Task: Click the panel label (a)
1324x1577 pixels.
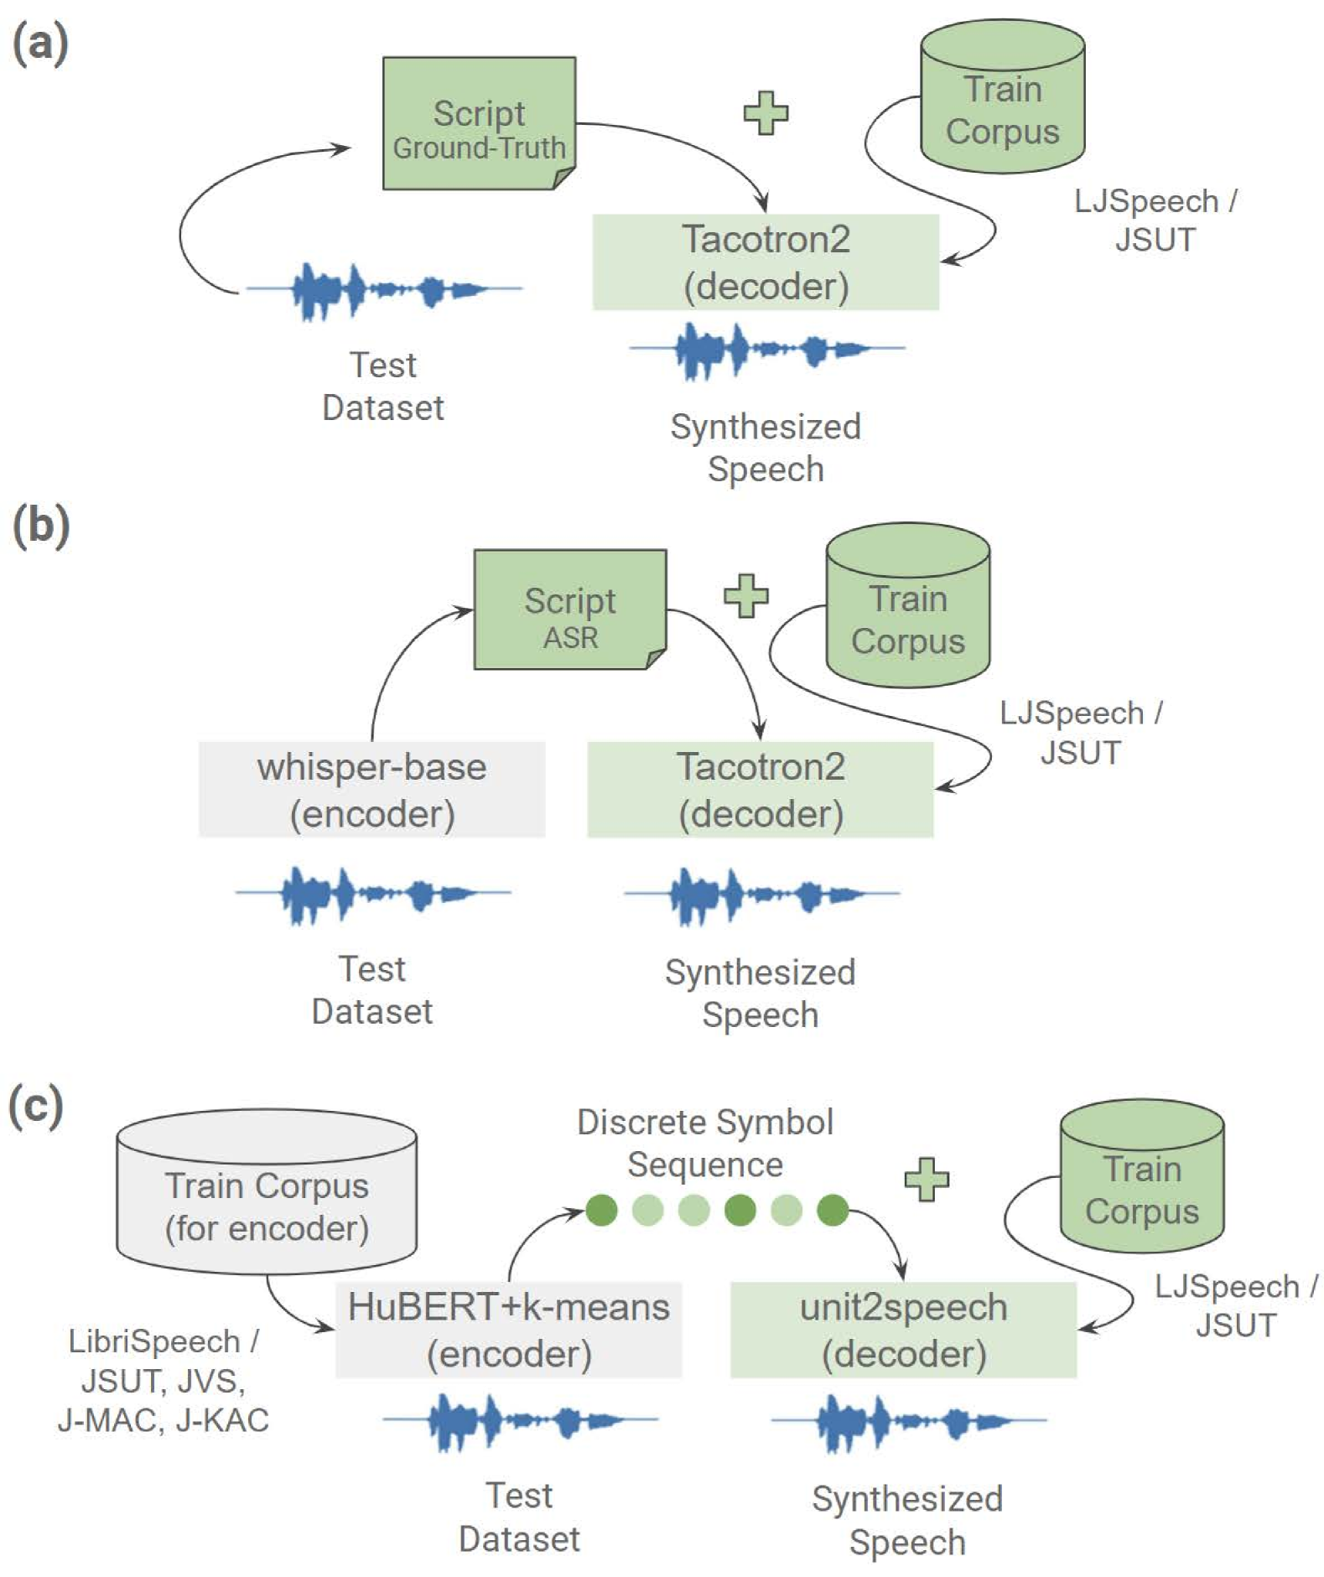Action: click(x=40, y=44)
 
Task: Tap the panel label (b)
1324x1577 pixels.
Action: click(x=40, y=526)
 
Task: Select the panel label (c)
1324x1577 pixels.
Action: click(x=36, y=1106)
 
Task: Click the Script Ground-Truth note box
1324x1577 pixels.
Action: click(x=479, y=123)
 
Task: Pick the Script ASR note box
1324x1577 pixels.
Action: click(x=570, y=610)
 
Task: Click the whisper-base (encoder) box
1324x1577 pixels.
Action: click(x=371, y=789)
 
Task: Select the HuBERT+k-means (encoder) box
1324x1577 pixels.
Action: click(x=508, y=1330)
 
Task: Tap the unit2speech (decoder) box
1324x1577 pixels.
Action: click(x=903, y=1330)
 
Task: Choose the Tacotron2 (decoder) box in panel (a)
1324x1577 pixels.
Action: click(x=766, y=262)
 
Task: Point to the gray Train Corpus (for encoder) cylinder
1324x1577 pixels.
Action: click(x=267, y=1191)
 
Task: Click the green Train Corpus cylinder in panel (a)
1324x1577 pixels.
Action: click(x=1002, y=96)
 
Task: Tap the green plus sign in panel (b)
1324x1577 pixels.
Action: click(x=745, y=596)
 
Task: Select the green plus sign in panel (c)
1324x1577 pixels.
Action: click(x=927, y=1179)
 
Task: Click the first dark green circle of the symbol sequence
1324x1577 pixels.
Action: click(x=601, y=1210)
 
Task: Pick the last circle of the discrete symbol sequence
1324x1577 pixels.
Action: click(x=833, y=1210)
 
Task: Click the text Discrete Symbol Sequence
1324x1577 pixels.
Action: click(x=705, y=1144)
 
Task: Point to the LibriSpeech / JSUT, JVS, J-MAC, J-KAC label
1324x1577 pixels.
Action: click(x=164, y=1380)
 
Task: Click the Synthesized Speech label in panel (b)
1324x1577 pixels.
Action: click(x=761, y=993)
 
